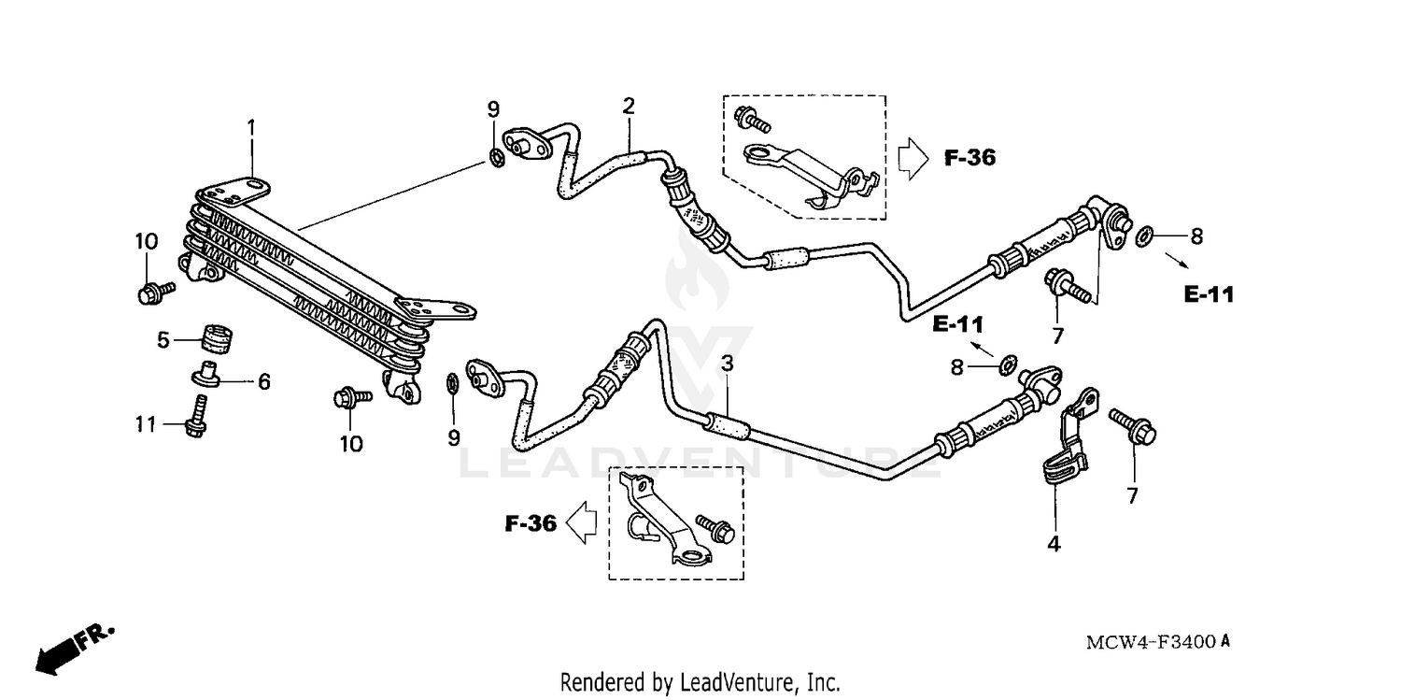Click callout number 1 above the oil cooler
pyautogui.click(x=250, y=126)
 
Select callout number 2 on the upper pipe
pyautogui.click(x=629, y=106)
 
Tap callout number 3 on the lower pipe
pyautogui.click(x=727, y=364)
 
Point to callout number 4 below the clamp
pyautogui.click(x=1054, y=543)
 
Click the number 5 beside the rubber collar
pyautogui.click(x=163, y=340)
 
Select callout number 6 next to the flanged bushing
pyautogui.click(x=263, y=381)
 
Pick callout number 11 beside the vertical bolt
pyautogui.click(x=145, y=424)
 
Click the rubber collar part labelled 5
pyautogui.click(x=219, y=338)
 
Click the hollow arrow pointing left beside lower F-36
pyautogui.click(x=583, y=522)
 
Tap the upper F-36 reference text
pyautogui.click(x=969, y=158)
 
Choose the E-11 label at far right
pyautogui.click(x=1209, y=294)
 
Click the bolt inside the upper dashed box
pyautogui.click(x=752, y=120)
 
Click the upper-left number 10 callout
pyautogui.click(x=146, y=241)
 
